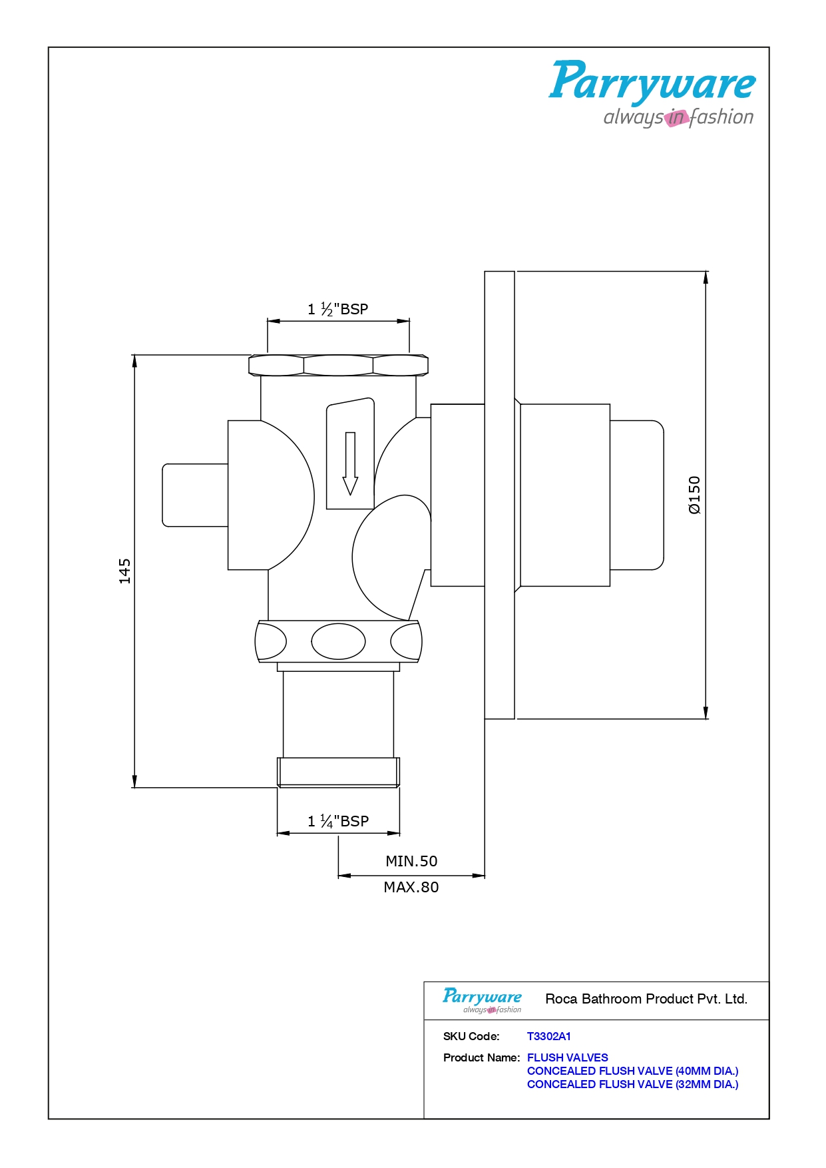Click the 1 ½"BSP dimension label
point(337,309)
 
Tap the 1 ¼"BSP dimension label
point(338,821)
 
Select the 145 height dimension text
point(124,571)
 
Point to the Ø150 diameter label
point(694,495)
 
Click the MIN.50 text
point(411,861)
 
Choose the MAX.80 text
point(411,887)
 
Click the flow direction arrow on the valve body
point(350,463)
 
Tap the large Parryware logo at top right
point(652,93)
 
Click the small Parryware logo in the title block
point(482,1000)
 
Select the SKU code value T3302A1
point(548,1036)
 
